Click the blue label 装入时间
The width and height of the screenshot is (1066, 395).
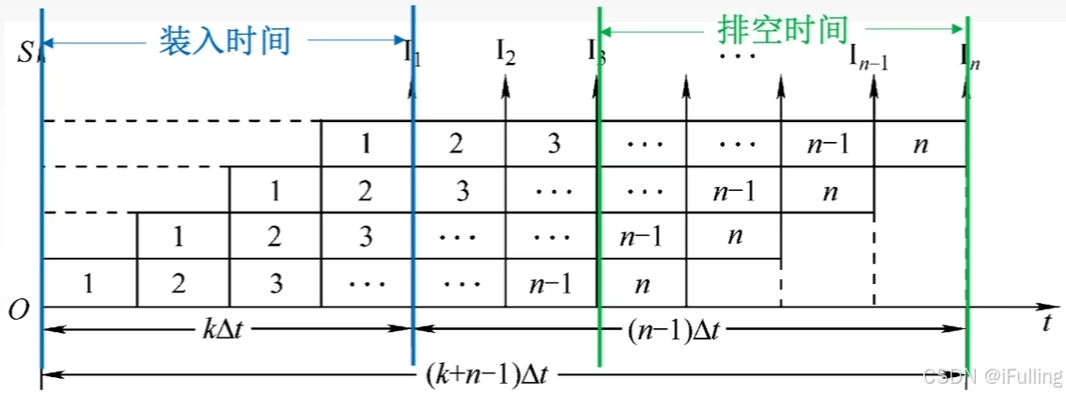(x=223, y=40)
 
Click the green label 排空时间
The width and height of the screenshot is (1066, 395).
(x=783, y=30)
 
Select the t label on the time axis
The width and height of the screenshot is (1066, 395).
(x=1046, y=323)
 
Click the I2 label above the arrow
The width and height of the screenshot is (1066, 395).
(x=506, y=53)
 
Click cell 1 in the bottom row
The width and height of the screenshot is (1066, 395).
(x=89, y=282)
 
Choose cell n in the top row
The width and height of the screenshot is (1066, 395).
(x=920, y=144)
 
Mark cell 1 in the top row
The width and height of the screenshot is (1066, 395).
(x=367, y=144)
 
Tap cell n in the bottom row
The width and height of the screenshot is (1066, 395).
(x=643, y=282)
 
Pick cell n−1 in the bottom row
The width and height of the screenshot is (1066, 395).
(x=551, y=282)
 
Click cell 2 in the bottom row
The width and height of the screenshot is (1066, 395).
(x=181, y=282)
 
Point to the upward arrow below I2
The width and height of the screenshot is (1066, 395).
(x=506, y=94)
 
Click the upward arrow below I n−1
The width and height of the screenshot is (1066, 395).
(x=874, y=94)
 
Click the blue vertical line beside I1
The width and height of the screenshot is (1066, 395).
(x=413, y=188)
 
